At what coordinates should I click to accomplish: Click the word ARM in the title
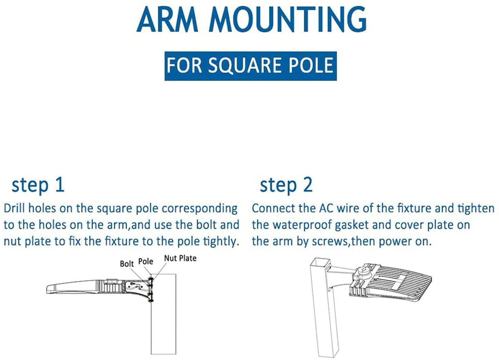coord(167,19)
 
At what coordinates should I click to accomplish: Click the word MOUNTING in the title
coord(288,19)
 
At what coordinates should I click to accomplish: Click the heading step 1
coord(38,186)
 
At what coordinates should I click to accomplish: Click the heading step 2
coord(286,186)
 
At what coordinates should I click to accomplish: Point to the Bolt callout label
coord(127,264)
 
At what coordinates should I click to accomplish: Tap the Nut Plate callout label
coord(180,258)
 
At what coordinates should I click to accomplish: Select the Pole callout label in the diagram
coord(146,261)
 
